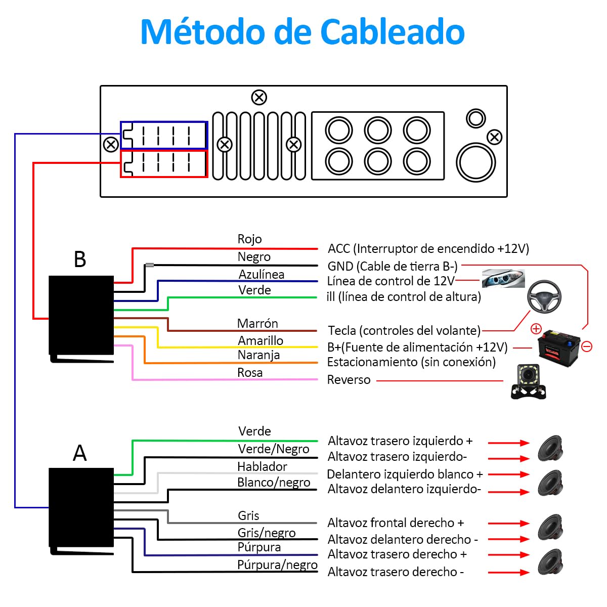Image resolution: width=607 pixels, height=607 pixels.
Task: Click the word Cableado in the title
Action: pos(393,32)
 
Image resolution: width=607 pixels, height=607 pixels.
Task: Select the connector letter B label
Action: pos(80,259)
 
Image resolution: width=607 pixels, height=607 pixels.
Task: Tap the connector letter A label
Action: pos(80,453)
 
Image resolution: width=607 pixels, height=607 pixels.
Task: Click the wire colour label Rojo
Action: pos(249,239)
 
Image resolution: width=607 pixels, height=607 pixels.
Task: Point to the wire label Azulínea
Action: pos(261,274)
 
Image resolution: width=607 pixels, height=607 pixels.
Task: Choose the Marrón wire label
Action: pos(257,323)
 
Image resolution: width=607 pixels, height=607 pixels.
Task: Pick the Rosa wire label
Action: pos(250,373)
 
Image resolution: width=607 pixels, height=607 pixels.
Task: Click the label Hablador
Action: pos(262,466)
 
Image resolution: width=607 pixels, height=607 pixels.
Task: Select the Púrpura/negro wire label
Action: pos(277,565)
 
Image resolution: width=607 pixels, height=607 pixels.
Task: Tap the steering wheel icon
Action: pos(544,296)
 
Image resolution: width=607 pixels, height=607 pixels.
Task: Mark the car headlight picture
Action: pos(503,278)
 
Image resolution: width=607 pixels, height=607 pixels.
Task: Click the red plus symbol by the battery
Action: pos(536,329)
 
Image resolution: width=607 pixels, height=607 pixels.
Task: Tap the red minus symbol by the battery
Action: pos(587,346)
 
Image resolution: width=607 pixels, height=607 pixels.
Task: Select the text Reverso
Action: pos(349,380)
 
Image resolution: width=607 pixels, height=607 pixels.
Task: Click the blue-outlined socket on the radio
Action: pos(164,135)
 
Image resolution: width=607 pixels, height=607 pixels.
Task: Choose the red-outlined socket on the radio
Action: pos(164,164)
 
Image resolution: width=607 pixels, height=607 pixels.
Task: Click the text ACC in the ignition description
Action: pos(339,249)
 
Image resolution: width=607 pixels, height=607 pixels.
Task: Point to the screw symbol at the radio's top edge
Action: pos(259,97)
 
